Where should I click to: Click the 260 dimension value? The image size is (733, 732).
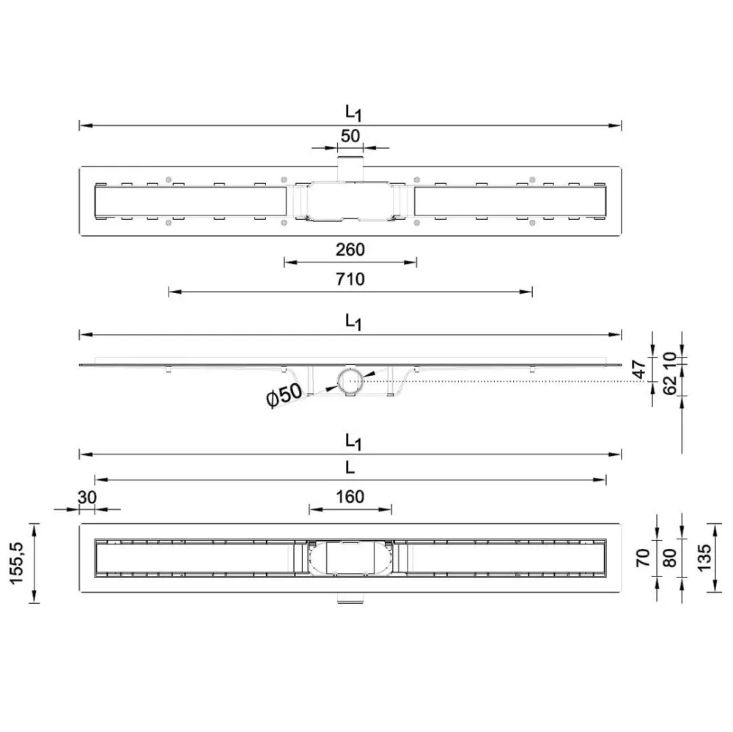(350, 250)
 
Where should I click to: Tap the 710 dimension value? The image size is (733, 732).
(350, 279)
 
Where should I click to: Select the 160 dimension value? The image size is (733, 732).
(350, 496)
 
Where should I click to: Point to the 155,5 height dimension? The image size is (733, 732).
(17, 563)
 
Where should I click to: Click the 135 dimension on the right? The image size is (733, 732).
(704, 557)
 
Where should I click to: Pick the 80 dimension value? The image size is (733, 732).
(671, 558)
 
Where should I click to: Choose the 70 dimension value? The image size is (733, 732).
(644, 558)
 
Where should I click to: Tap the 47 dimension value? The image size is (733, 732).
(640, 369)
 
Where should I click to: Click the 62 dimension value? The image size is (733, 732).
(670, 384)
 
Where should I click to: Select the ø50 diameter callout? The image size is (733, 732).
(284, 395)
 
